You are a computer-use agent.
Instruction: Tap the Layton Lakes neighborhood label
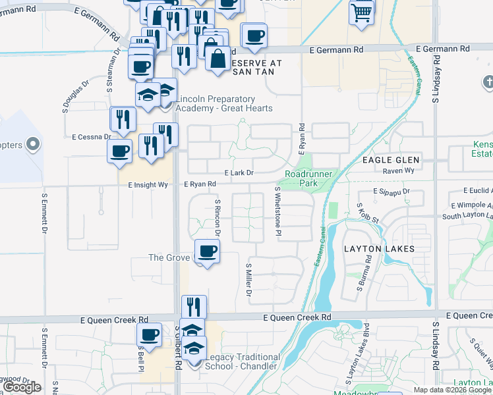(x=379, y=249)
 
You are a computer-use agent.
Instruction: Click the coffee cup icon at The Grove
(x=208, y=251)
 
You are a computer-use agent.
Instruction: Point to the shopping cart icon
(x=362, y=11)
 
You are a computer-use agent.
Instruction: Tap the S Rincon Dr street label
(x=217, y=216)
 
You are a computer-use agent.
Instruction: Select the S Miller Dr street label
(x=249, y=279)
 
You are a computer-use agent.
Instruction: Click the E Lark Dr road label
(x=239, y=172)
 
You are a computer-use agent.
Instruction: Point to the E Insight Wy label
(x=148, y=185)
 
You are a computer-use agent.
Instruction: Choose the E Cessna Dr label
(x=92, y=137)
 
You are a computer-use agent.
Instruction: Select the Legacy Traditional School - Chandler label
(x=243, y=361)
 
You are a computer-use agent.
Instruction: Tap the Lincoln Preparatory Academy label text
(x=221, y=103)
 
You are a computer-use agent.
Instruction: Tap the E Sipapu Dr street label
(x=391, y=192)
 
